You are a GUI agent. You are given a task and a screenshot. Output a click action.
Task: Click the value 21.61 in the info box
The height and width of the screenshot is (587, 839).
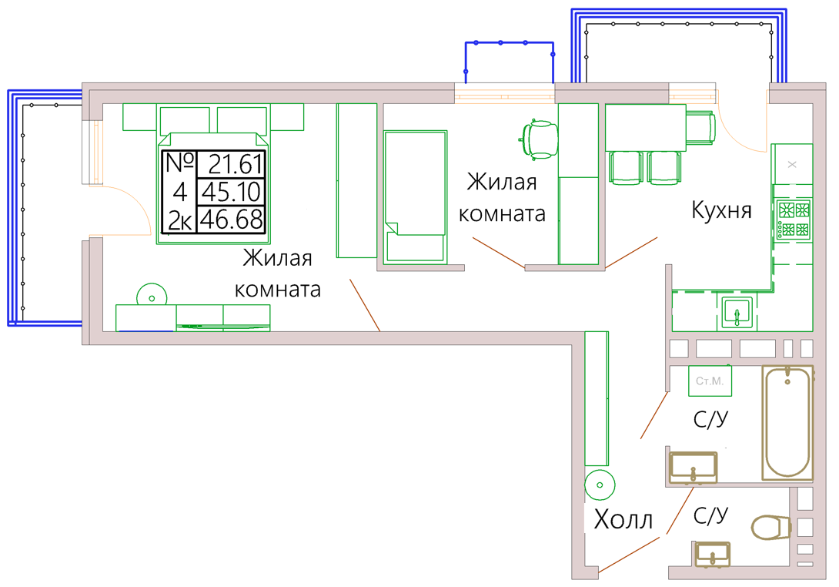pos(236,164)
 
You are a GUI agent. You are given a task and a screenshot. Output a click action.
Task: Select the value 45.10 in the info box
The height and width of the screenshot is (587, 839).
pos(231,192)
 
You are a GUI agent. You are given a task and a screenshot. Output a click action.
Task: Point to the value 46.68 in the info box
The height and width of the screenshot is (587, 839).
pos(231,220)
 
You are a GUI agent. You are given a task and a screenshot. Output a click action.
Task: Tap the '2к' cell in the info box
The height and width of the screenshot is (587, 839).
pos(180,220)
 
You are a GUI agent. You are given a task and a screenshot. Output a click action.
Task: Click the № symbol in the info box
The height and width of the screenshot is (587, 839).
pos(180,163)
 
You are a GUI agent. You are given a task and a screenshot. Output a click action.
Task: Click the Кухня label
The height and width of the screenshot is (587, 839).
pos(721,210)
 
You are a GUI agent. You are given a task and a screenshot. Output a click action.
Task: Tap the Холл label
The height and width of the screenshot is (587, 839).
pos(623,519)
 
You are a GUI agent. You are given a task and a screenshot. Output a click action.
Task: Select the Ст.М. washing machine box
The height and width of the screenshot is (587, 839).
pos(710,381)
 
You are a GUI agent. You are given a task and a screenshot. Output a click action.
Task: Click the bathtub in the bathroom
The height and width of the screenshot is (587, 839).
pos(787,423)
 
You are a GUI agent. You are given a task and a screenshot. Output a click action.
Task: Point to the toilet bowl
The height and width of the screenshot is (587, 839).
pos(771,527)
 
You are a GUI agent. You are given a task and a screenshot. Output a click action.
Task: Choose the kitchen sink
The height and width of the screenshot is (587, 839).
pos(737,312)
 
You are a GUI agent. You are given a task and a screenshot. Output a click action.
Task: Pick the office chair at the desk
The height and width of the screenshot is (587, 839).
pos(540,139)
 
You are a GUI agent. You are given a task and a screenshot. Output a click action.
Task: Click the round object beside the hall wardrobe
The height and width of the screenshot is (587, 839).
pos(600,485)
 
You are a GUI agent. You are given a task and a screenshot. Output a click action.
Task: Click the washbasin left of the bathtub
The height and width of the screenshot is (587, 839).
pos(694,467)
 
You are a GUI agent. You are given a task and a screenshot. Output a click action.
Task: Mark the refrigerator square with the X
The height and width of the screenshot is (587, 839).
pos(793,164)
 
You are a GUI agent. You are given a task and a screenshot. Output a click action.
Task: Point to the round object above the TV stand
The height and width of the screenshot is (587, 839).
pos(152,298)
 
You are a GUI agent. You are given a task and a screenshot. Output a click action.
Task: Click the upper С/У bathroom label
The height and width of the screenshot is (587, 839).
pos(710,419)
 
